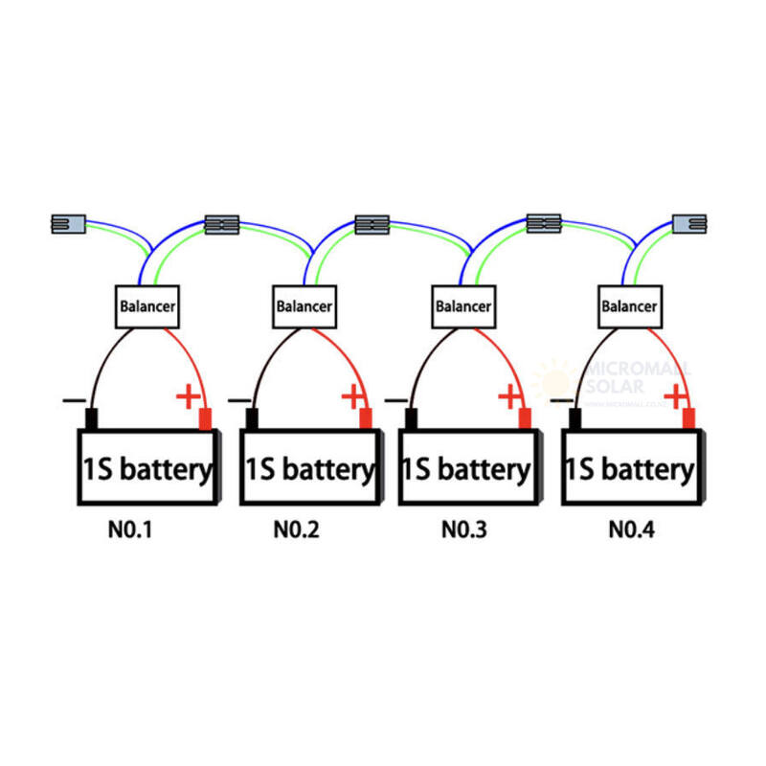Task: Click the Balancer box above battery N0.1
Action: [x=147, y=306]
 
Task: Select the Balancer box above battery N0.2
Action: [x=304, y=306]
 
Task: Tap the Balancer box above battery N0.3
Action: [x=463, y=306]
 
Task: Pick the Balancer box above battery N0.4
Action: [x=629, y=306]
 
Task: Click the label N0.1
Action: [x=130, y=529]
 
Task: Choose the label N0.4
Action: [x=631, y=529]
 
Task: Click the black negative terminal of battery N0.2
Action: [x=252, y=419]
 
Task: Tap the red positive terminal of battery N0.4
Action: [x=688, y=419]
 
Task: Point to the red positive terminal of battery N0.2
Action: [x=365, y=419]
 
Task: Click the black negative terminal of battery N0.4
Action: [x=575, y=419]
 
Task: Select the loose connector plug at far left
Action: [x=67, y=224]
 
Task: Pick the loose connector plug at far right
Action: [x=689, y=223]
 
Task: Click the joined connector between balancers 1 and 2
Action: [x=221, y=225]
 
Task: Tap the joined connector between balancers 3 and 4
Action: [x=544, y=223]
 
